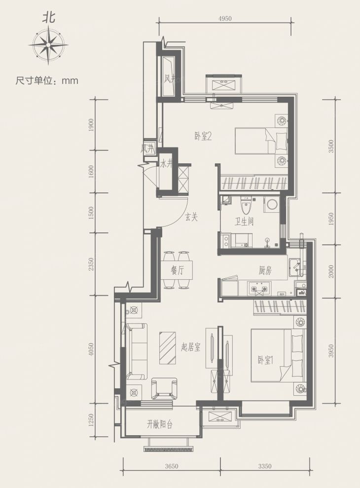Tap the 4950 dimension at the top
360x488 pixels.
[224, 19]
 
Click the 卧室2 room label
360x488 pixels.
[203, 138]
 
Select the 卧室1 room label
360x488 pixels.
[265, 360]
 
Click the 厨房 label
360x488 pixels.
[265, 270]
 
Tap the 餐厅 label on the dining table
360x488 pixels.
[178, 270]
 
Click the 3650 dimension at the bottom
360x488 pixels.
[171, 466]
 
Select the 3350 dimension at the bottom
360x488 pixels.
[265, 466]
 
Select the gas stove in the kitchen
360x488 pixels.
[260, 288]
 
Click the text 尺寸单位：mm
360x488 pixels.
[47, 80]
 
